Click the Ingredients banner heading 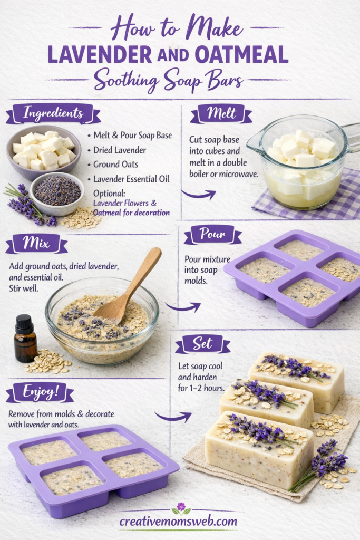pyautogui.click(x=53, y=113)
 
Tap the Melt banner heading pyautogui.click(x=221, y=113)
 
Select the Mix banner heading pyautogui.click(x=36, y=244)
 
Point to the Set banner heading pyautogui.click(x=202, y=344)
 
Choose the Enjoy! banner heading pyautogui.click(x=40, y=393)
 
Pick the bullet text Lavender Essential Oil pyautogui.click(x=131, y=179)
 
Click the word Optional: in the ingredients pyautogui.click(x=109, y=192)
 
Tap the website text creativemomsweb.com pyautogui.click(x=178, y=522)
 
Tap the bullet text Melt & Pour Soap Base pyautogui.click(x=132, y=136)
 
